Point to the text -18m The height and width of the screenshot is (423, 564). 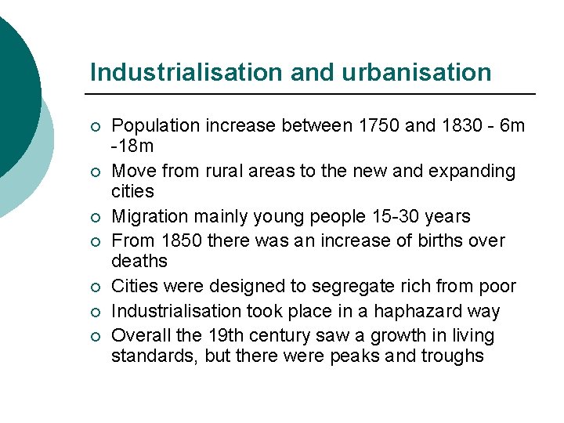click(x=132, y=146)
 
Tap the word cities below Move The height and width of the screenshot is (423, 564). click(x=132, y=191)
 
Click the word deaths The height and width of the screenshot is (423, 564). click(x=139, y=261)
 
